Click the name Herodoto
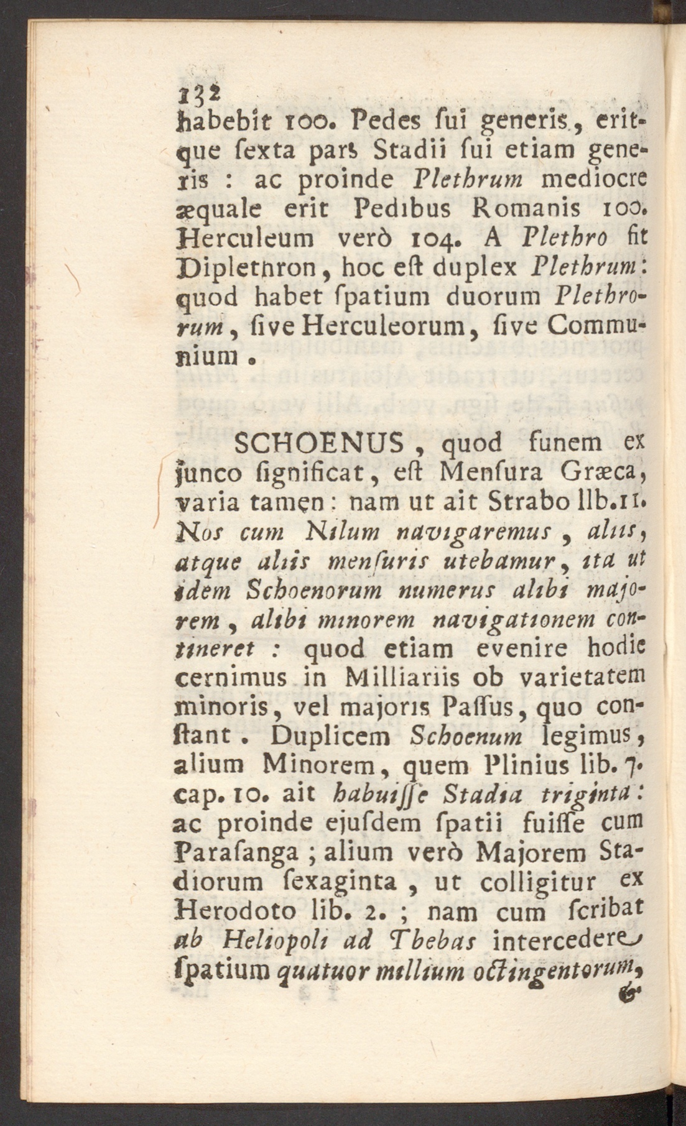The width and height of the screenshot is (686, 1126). [x=236, y=911]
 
